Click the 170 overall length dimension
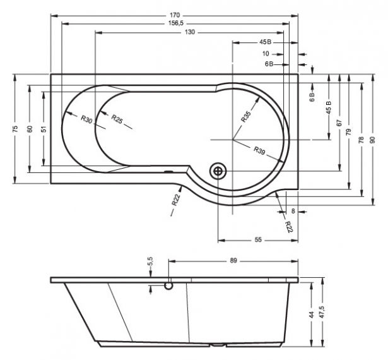pos(175,15)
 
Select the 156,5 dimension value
pos(175,23)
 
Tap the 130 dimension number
pos(190,32)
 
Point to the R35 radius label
pos(245,117)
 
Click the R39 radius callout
pos(259,150)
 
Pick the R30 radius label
pos(86,119)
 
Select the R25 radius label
pos(117,119)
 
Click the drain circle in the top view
pos(218,171)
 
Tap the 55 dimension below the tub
pos(258,240)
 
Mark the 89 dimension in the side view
pos(233,261)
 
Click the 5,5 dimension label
pos(150,261)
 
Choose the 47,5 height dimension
pos(322,312)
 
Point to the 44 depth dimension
pos(312,315)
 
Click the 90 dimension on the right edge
pos(373,140)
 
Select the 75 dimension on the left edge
pos(15,129)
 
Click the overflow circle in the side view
pos(168,285)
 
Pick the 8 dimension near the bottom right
pos(293,212)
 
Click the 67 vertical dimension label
pos(339,123)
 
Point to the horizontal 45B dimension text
pos(265,42)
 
